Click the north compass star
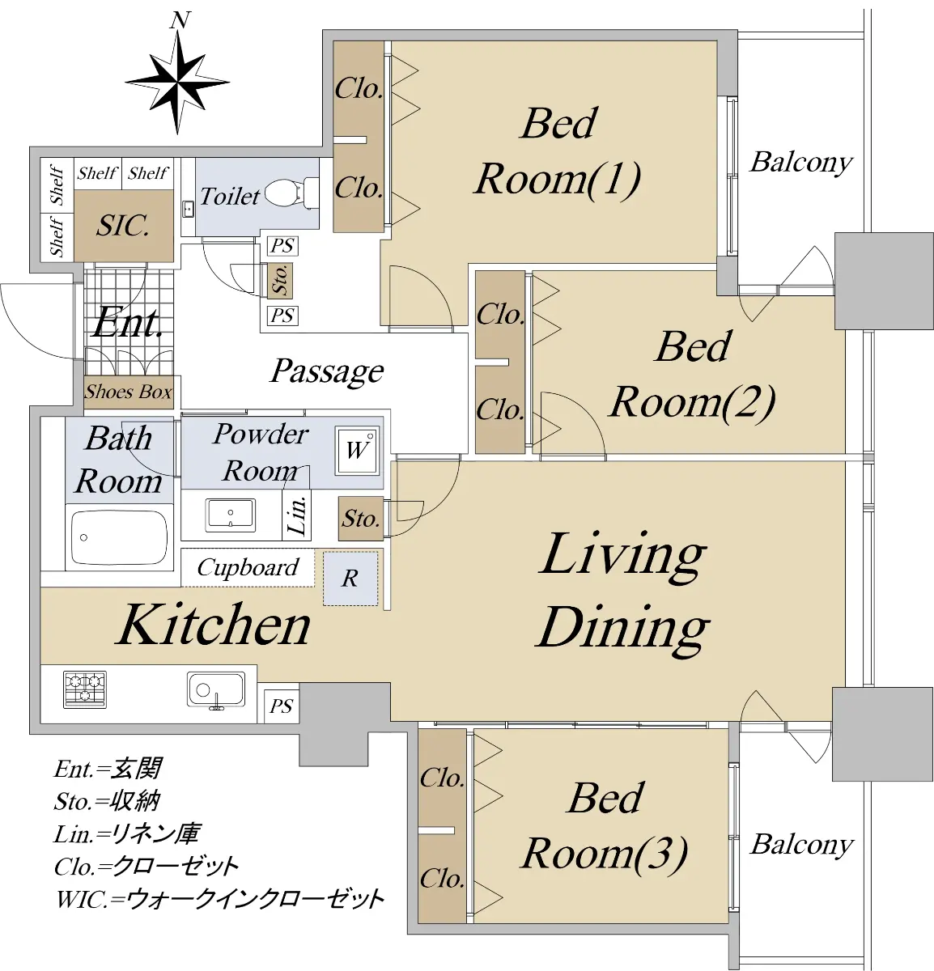click(177, 83)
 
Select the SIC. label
click(123, 226)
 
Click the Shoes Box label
click(129, 392)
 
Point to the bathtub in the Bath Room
click(119, 537)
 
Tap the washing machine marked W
click(356, 451)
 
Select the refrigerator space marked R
click(350, 579)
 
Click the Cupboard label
click(248, 568)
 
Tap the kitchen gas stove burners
click(85, 689)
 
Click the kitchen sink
click(216, 690)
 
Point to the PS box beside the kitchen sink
click(281, 706)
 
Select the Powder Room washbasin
click(231, 515)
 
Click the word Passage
click(327, 371)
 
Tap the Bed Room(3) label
click(605, 826)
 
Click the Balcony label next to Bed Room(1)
click(800, 163)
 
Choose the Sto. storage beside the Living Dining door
click(361, 519)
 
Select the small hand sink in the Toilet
click(189, 210)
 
